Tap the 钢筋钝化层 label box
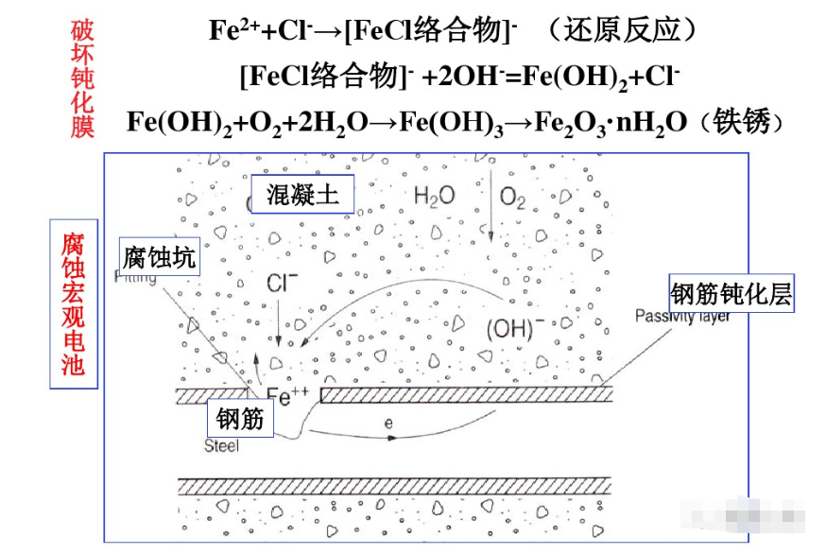731,294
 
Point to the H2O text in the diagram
435,197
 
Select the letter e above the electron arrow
388,424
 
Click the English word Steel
222,445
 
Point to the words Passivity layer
681,317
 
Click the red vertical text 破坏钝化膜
83,81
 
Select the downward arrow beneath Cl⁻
279,326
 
